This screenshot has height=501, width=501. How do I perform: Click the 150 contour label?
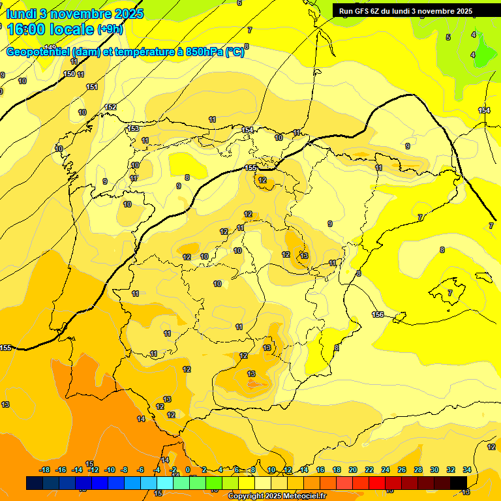pos(69,74)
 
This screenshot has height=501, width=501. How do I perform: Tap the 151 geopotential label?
pos(92,87)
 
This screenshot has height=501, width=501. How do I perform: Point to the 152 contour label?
pos(111,107)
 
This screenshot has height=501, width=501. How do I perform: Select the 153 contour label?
pos(133,129)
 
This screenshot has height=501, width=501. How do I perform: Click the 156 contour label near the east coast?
pos(378,314)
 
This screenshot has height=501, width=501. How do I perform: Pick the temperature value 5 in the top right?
pos(448,37)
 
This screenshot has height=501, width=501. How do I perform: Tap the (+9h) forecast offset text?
pos(110,29)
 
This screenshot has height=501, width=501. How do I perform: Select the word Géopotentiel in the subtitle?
pos(38,52)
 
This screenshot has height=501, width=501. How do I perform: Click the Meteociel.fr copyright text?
pos(277,496)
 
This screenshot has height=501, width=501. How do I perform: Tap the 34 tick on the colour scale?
pos(467,470)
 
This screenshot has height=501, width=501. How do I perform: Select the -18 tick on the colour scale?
pos(45,470)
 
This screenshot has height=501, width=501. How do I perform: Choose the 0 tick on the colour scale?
pos(188,470)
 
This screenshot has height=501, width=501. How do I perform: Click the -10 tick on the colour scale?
pos(109,470)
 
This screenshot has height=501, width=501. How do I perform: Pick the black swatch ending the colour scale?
pos(459,483)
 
